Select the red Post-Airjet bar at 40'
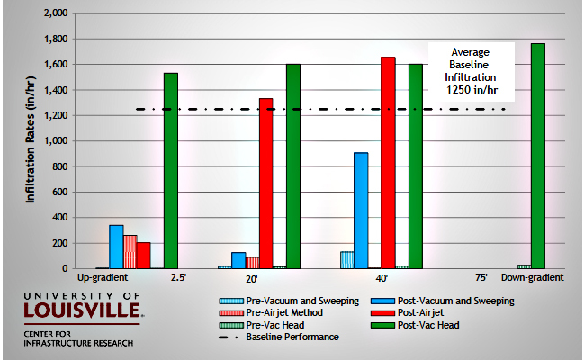388,163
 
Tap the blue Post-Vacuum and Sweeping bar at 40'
361,211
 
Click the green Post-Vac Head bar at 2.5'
170,171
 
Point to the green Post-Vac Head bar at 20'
293,166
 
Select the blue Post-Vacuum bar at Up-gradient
116,247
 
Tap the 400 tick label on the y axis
59,218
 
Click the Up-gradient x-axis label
117,278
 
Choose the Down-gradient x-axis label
538,278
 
